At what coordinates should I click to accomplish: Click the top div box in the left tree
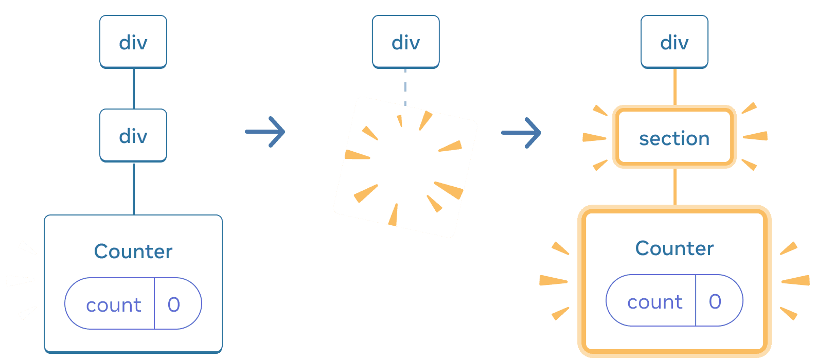click(x=133, y=42)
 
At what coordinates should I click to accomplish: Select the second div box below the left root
click(x=133, y=135)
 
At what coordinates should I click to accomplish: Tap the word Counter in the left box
click(x=133, y=251)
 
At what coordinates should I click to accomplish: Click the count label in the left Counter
click(x=113, y=305)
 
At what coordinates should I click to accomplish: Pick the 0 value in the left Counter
click(x=174, y=305)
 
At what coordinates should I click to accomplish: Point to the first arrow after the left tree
click(x=265, y=132)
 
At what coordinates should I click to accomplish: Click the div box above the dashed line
click(x=405, y=42)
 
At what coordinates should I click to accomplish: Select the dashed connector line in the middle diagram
click(x=405, y=85)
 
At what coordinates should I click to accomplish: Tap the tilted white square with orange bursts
click(x=405, y=167)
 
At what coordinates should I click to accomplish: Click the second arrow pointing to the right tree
click(x=521, y=133)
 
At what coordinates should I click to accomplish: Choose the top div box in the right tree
click(x=674, y=42)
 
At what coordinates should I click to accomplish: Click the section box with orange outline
click(x=674, y=138)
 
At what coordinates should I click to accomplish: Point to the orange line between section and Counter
click(x=675, y=187)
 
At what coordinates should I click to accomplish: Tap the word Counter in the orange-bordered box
click(x=674, y=248)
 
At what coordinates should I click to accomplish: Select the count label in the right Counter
click(x=654, y=302)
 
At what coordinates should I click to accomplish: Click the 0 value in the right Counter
click(x=715, y=302)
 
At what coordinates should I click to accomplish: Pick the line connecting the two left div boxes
click(x=134, y=88)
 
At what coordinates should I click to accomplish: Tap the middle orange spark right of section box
click(x=755, y=136)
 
